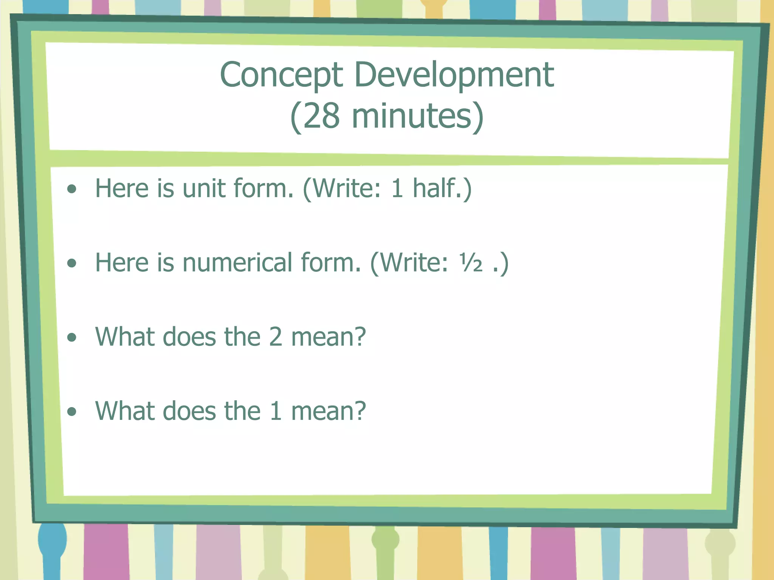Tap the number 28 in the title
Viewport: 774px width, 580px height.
pyautogui.click(x=321, y=116)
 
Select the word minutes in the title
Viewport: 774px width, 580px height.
pyautogui.click(x=412, y=116)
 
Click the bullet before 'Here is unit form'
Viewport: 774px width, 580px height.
pyautogui.click(x=71, y=189)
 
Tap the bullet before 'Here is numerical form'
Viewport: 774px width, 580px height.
pyautogui.click(x=71, y=263)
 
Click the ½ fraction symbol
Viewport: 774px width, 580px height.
pyautogui.click(x=471, y=263)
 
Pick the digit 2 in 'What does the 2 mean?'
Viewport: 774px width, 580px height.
pyautogui.click(x=276, y=337)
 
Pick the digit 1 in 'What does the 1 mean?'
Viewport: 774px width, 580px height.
pyautogui.click(x=276, y=411)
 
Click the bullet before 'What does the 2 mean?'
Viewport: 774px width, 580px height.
pyautogui.click(x=71, y=337)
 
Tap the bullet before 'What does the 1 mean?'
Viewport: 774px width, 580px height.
pyautogui.click(x=71, y=411)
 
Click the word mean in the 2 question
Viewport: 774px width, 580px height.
pyautogui.click(x=324, y=337)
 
